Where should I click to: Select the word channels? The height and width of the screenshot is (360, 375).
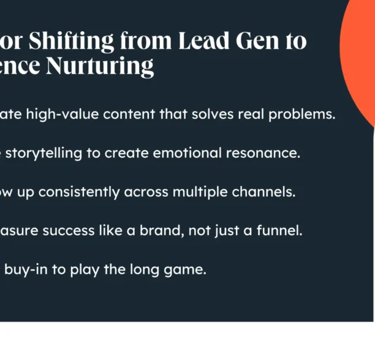264,192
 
